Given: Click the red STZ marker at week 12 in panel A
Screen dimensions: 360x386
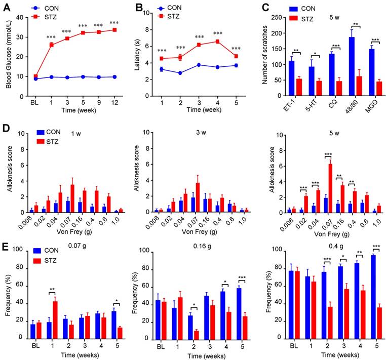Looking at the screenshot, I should coord(114,30).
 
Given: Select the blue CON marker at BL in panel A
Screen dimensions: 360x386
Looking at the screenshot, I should coord(35,79).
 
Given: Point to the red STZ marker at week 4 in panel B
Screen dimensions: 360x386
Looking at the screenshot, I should coord(217,42).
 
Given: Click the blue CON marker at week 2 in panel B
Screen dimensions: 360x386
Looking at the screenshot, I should coord(180,73).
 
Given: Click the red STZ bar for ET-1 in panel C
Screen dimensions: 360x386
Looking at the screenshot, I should coord(299,87).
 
